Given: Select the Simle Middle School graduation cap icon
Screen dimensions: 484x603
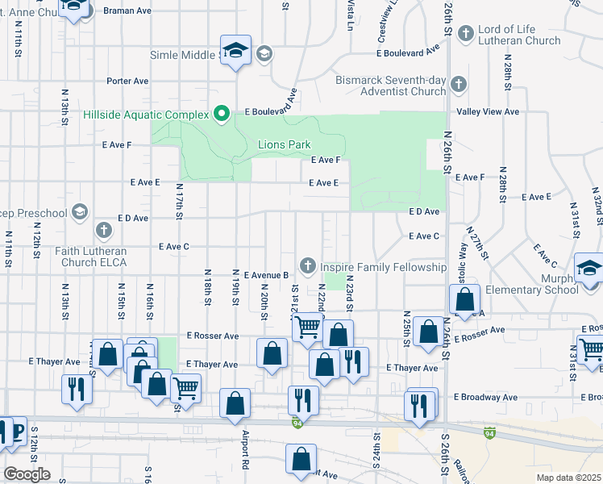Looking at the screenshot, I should tap(236, 52).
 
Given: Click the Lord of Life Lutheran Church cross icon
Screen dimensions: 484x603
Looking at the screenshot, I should tap(465, 34).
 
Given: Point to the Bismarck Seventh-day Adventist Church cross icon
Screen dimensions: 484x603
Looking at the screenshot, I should tap(458, 84).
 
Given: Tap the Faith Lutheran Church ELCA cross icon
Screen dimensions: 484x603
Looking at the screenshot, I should tap(103, 231).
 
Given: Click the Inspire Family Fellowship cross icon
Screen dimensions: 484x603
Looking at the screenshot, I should tap(307, 265).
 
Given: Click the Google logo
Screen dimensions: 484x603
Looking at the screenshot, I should tap(27, 474).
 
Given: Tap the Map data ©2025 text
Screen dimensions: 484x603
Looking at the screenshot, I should tap(568, 478).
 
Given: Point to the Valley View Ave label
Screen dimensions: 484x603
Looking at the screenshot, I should tap(488, 112).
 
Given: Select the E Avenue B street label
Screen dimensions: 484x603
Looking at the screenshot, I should tap(266, 275).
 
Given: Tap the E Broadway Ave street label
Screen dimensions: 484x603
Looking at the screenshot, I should tap(485, 397).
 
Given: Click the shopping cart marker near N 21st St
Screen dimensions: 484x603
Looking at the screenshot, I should tap(307, 327).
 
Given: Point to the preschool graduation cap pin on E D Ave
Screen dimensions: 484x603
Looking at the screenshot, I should tap(79, 211).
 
